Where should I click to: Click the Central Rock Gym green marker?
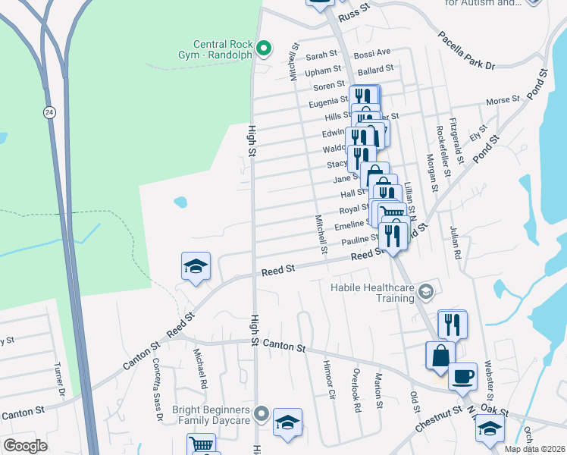[264, 49]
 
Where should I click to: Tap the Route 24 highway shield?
[49, 112]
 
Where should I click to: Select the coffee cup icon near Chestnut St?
[462, 376]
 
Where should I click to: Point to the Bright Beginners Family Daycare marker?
[262, 414]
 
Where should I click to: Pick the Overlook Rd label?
[355, 391]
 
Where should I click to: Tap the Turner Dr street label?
[58, 379]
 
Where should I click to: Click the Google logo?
[25, 446]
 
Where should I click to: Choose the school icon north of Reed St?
[196, 267]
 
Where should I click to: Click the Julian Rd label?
[456, 243]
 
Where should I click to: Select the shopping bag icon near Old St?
[440, 355]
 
